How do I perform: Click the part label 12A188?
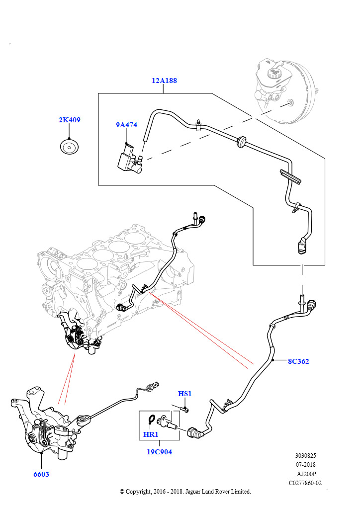[165, 81]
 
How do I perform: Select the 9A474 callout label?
[126, 125]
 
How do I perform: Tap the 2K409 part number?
[69, 120]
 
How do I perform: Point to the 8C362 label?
[298, 361]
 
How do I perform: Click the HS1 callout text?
[184, 394]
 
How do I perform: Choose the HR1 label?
[151, 434]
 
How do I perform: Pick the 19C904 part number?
[159, 452]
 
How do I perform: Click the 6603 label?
[41, 474]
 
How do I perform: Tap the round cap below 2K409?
[69, 147]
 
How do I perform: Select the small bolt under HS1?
[185, 410]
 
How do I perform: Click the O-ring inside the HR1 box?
[152, 420]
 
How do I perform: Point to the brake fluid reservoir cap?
[273, 73]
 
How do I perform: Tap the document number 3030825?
[305, 455]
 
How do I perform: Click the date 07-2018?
[305, 465]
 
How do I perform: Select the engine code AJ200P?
[305, 474]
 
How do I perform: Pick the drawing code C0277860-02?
[305, 483]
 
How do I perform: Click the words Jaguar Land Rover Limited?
[218, 492]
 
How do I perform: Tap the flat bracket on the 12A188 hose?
[289, 176]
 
